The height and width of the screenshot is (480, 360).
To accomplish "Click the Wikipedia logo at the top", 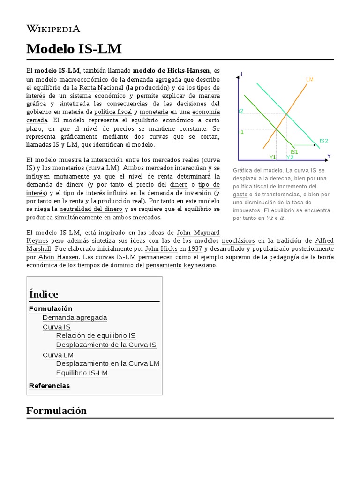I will (x=53, y=29).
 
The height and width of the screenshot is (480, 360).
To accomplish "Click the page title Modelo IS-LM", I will (x=74, y=49).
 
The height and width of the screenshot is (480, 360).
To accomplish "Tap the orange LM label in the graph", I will (x=309, y=79).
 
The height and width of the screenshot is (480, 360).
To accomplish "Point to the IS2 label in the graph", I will (x=323, y=140).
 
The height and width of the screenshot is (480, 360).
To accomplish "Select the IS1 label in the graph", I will (x=294, y=152).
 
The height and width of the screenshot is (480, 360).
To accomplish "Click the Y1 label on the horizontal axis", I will (x=272, y=157).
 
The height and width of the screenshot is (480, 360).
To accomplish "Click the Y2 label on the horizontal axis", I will (x=290, y=157).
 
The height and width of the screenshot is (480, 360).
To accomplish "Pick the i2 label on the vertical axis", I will (x=241, y=111).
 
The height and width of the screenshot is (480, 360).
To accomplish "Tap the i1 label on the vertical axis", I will (x=241, y=132).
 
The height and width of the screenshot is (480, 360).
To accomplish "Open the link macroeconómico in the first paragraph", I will (x=83, y=79).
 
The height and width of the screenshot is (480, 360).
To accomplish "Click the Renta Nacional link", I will (x=101, y=88).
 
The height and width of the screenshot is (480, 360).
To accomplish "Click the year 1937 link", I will (x=195, y=248).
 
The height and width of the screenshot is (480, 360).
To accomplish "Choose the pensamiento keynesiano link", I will (x=181, y=265).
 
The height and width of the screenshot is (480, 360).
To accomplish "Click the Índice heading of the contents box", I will (x=44, y=294).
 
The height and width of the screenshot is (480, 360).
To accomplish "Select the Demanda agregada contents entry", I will (x=75, y=317).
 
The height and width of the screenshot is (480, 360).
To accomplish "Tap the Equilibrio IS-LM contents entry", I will (x=82, y=373).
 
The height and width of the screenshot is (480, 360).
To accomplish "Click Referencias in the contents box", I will (x=49, y=386).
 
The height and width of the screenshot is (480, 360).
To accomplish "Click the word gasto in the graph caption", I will (x=240, y=194).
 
